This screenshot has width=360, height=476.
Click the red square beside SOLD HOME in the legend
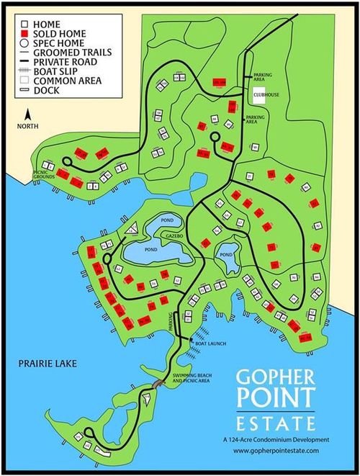(x=24, y=33)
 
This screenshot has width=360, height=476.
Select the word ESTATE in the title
(x=279, y=421)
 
